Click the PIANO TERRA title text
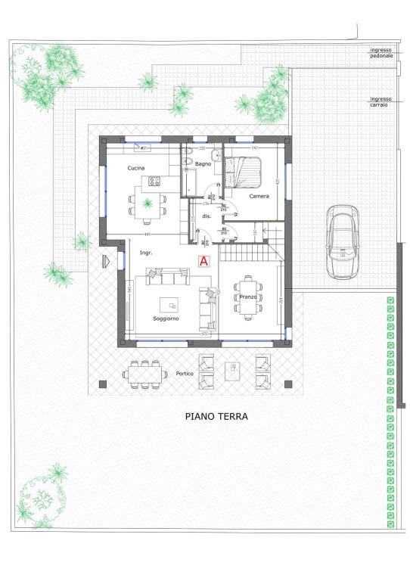point(216,416)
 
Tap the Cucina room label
point(136,167)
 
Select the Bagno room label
point(202,164)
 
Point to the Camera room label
point(259,197)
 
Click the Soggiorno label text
point(166,318)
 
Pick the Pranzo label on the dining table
point(247,297)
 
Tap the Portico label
point(185,374)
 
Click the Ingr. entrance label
point(146,253)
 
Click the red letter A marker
point(203,261)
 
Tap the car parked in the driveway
point(343,241)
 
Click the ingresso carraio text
point(380,101)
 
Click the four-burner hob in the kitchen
point(155,181)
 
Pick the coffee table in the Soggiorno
point(171,304)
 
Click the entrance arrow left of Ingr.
point(107,261)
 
